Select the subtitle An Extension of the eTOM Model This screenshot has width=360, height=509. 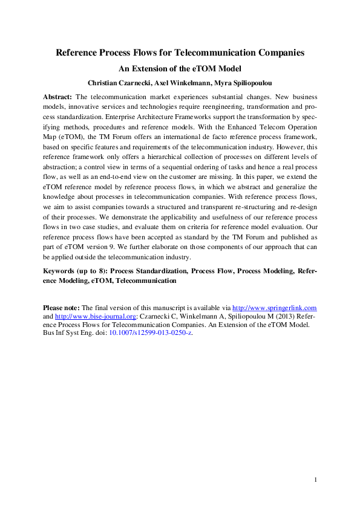pyautogui.click(x=180, y=69)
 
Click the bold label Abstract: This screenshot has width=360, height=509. pyautogui.click(x=57, y=97)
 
